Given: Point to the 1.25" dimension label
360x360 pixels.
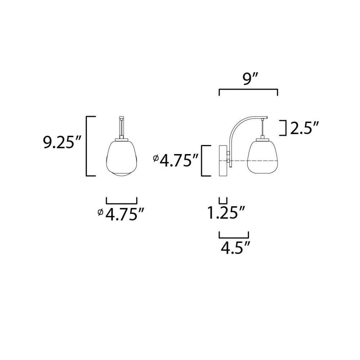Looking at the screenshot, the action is (x=226, y=212).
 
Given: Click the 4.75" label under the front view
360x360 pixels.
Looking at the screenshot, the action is (x=125, y=214).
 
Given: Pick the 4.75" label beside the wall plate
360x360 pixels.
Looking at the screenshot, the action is (x=179, y=160).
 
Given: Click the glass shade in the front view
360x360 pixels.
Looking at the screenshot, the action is (x=122, y=158).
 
